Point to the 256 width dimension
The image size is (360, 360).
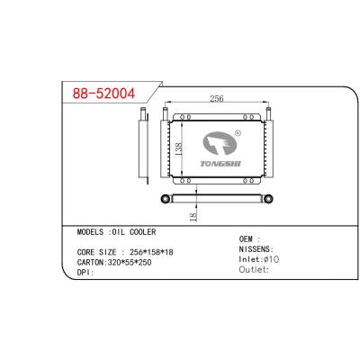coord(217,99)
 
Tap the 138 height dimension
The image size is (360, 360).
coord(178,151)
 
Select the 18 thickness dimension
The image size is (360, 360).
coord(193,216)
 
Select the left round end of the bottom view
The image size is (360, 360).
coord(165,196)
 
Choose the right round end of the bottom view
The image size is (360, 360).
coord(266,196)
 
